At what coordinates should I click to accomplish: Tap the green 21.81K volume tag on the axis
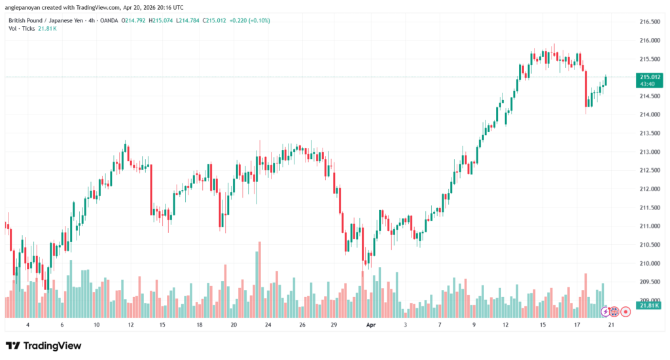(x=648, y=306)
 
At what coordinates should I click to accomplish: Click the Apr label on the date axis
(x=371, y=324)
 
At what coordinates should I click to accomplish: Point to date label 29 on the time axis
(x=334, y=324)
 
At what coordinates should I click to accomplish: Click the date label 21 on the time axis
(x=610, y=324)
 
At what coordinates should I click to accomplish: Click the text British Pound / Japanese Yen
(x=45, y=20)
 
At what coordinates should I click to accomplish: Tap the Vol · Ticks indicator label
(x=22, y=29)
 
